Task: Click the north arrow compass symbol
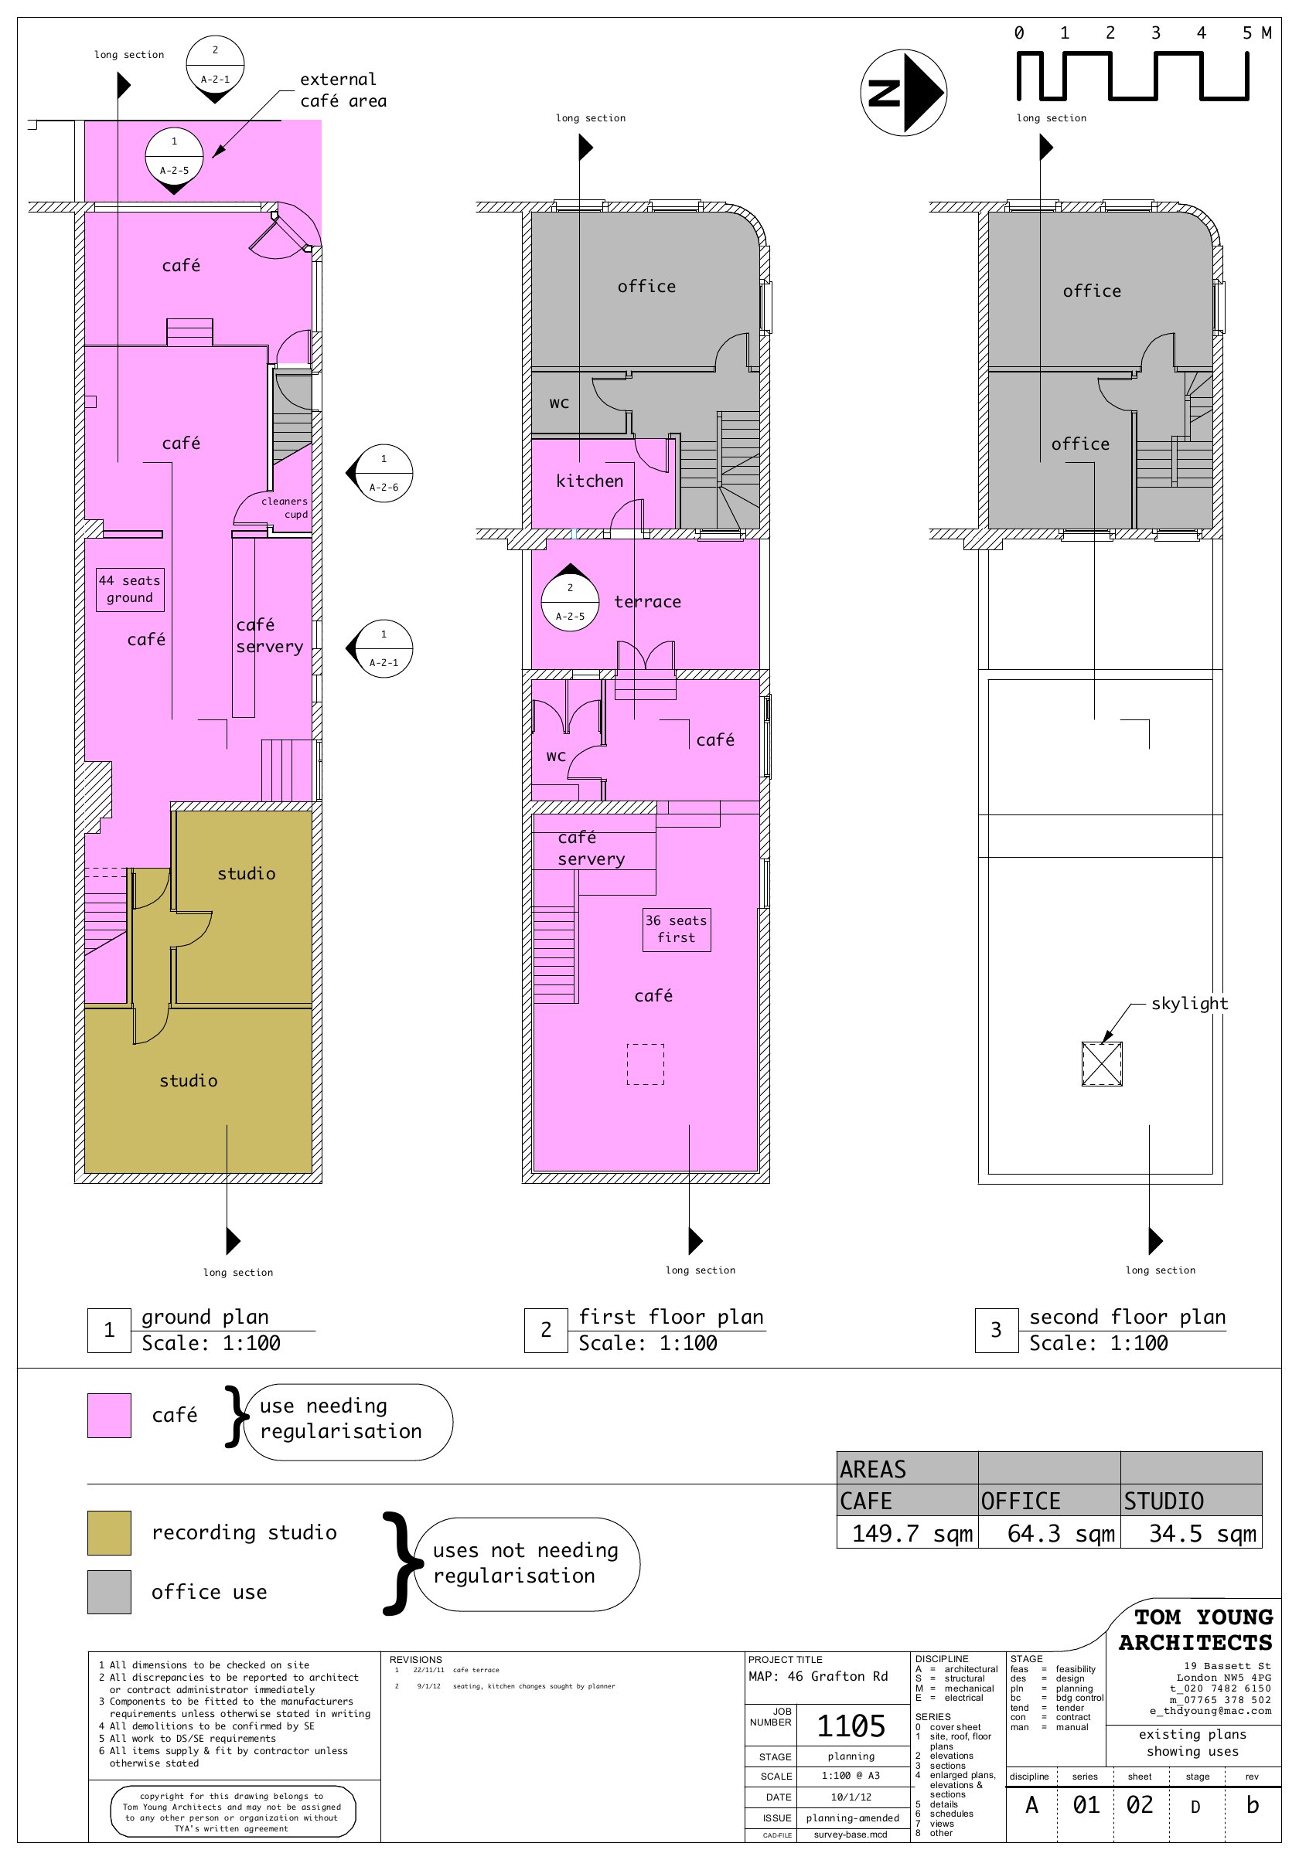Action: coord(903,93)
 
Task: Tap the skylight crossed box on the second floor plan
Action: coord(1101,1063)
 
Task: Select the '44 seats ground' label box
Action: coord(130,589)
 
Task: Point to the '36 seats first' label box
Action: coord(677,929)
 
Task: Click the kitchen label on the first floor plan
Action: coord(590,481)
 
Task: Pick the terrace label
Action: coord(647,602)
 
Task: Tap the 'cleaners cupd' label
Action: coord(285,508)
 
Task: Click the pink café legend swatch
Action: coord(109,1415)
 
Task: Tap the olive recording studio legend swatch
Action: coord(109,1532)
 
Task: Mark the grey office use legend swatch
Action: coord(109,1592)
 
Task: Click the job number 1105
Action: coord(851,1726)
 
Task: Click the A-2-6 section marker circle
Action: coord(384,473)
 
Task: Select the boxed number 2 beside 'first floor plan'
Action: coord(546,1330)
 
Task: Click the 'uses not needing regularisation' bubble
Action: coord(525,1563)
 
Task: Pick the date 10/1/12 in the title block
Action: coord(851,1797)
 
